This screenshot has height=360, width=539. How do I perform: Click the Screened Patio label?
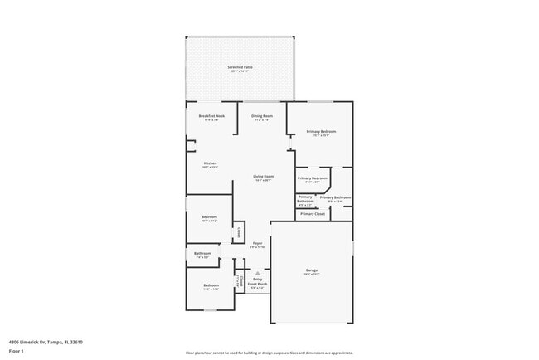240,67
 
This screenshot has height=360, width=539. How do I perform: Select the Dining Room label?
262,117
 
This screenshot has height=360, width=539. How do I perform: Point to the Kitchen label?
210,164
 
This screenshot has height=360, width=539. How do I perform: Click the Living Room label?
263,178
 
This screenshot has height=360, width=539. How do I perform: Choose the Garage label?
311,271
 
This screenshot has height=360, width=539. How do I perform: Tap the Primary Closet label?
313,214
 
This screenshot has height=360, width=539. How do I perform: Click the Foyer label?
258,245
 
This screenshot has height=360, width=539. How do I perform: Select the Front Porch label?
258,285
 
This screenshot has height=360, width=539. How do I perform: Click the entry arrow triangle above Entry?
258,272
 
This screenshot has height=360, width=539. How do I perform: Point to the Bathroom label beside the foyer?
202,255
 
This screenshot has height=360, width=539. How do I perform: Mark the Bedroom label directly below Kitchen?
209,219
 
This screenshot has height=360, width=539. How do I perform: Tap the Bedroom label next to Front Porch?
211,287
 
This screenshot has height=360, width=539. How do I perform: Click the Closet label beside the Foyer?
239,232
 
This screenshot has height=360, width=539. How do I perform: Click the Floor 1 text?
17,351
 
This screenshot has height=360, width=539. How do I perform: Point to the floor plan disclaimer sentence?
269,353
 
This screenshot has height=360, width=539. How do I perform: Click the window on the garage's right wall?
352,247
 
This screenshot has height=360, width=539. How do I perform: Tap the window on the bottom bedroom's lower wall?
211,310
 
